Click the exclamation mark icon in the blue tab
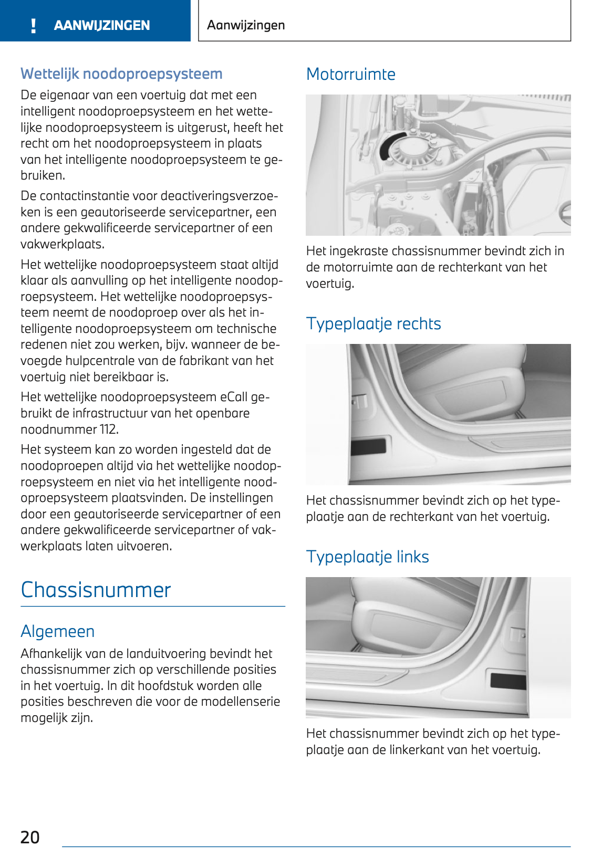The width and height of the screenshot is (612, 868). point(34,25)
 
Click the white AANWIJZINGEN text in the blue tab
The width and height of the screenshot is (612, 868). point(102,25)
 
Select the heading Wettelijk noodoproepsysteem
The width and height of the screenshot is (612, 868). point(121,74)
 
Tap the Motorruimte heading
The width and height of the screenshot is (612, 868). point(350,74)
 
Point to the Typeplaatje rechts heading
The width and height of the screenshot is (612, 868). point(373,323)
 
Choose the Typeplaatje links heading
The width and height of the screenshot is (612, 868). point(367,557)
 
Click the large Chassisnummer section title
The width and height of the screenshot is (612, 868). point(96,590)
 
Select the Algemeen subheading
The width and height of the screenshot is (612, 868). point(58,631)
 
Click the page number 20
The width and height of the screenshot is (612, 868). point(30,837)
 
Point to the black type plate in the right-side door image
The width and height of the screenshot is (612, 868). point(368,446)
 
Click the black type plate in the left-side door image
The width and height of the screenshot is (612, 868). point(507,681)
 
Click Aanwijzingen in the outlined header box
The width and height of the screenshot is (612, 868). point(246,25)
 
